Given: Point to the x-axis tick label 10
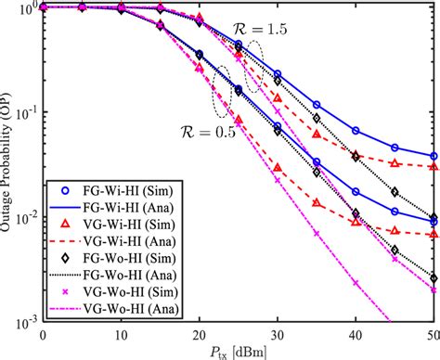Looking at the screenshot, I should click(x=122, y=331).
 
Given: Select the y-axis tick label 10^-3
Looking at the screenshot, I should click(x=22, y=320).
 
